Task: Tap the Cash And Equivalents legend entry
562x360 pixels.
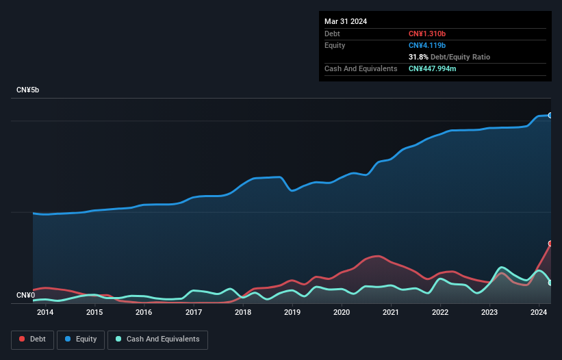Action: (x=157, y=339)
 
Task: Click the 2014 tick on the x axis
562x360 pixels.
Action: (x=45, y=313)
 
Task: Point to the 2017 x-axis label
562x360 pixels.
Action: (x=193, y=313)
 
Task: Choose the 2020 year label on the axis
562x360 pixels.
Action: (x=342, y=313)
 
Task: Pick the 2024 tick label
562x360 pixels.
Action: (x=539, y=313)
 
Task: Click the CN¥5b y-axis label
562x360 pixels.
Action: (x=30, y=90)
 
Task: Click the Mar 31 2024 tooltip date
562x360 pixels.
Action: (x=346, y=21)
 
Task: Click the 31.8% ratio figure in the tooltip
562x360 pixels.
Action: (x=418, y=57)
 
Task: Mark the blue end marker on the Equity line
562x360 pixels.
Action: (x=550, y=116)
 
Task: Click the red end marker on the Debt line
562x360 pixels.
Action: (x=550, y=244)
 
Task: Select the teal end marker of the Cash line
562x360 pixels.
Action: (x=550, y=283)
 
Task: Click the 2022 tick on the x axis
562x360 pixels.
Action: (x=440, y=313)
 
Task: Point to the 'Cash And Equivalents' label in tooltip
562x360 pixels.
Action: (x=361, y=68)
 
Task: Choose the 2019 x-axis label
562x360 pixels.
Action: (x=292, y=313)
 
